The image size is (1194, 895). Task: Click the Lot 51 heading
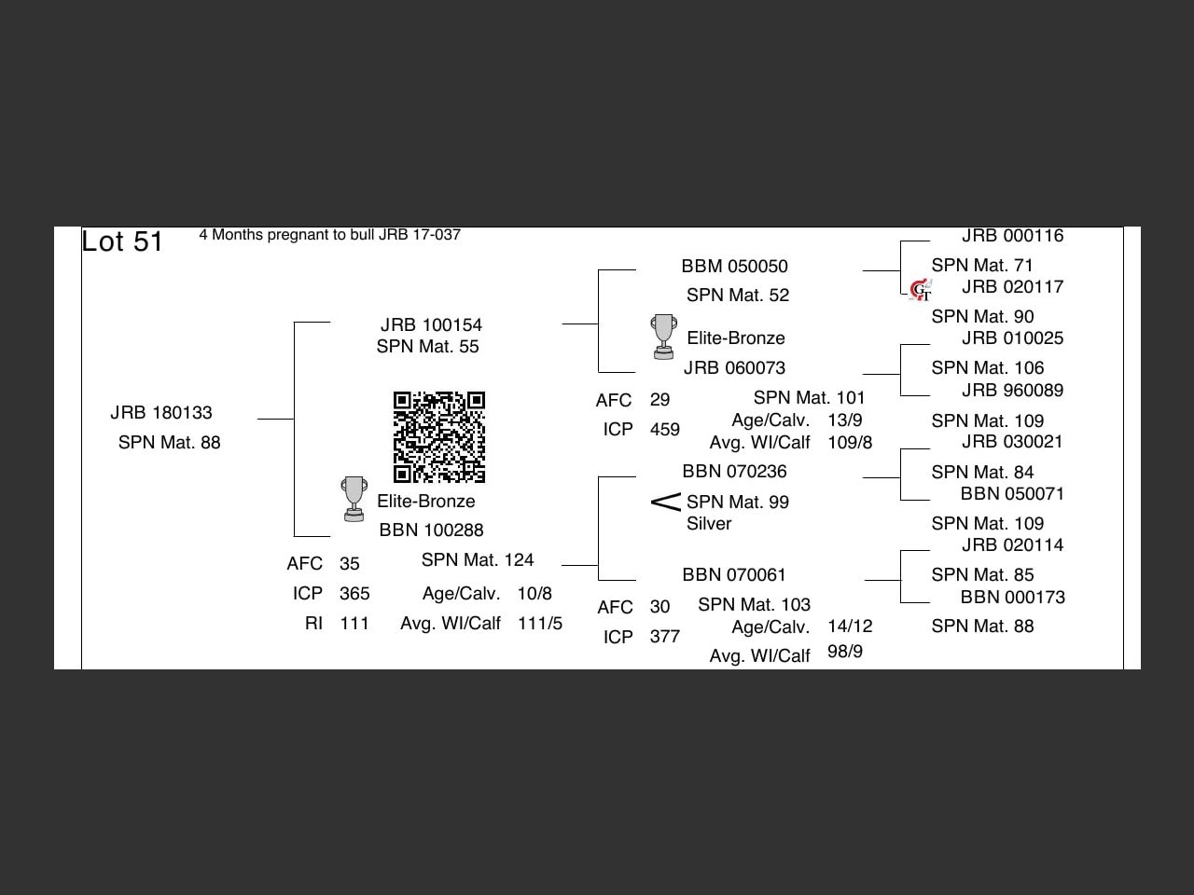(122, 241)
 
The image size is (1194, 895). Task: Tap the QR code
(439, 437)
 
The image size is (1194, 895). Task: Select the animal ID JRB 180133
(161, 413)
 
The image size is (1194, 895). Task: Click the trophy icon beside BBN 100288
(354, 500)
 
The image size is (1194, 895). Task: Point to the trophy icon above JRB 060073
(663, 337)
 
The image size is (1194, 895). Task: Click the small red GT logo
(921, 291)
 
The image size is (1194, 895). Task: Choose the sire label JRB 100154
(431, 325)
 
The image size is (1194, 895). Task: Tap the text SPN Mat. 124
(478, 560)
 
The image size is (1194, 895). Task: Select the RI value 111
(354, 624)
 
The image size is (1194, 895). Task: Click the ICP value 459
(664, 430)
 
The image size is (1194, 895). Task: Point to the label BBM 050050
(734, 267)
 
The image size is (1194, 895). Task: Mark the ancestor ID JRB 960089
(1012, 391)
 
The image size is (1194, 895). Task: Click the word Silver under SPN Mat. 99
(709, 524)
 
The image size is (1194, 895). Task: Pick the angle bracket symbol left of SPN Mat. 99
(665, 503)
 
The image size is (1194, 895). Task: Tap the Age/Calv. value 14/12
(850, 626)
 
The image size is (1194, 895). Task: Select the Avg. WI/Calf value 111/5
(540, 624)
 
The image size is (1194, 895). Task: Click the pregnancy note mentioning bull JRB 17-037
(329, 235)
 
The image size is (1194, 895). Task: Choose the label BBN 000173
(1012, 598)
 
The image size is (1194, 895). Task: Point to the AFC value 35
(350, 564)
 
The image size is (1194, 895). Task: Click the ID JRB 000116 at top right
(1012, 237)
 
